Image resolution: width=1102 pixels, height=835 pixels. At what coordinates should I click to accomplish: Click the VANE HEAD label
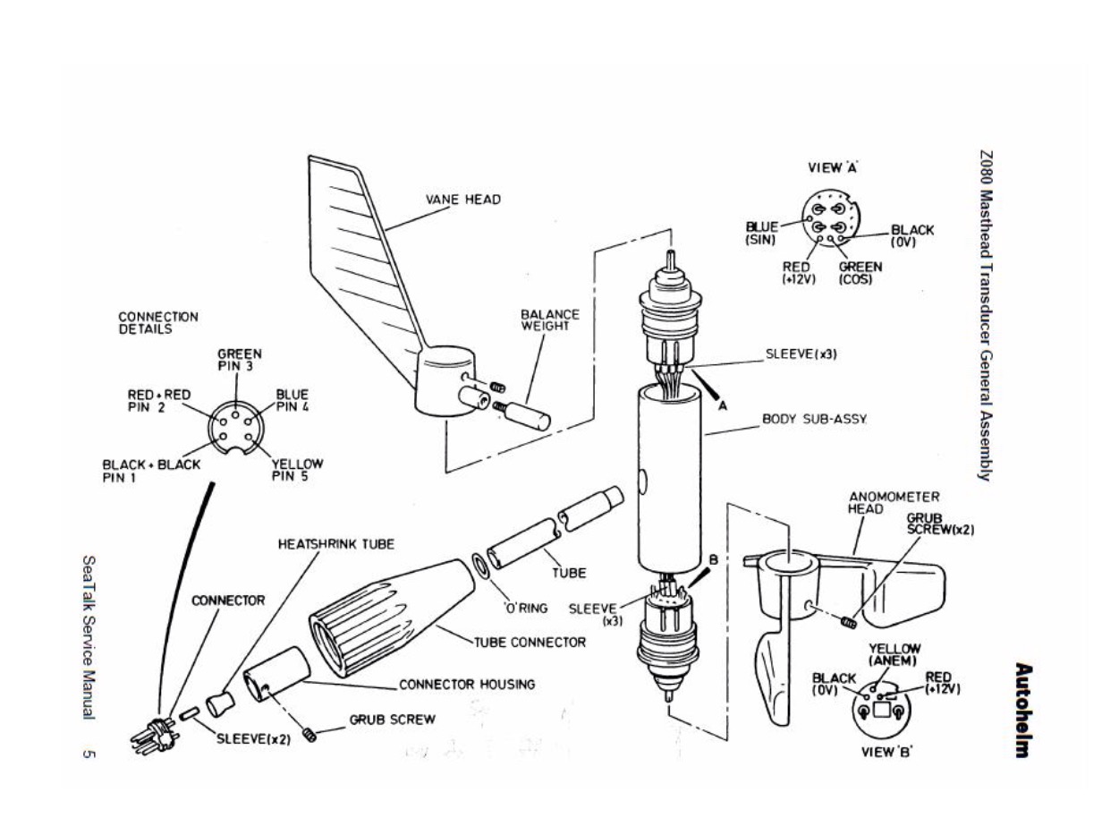point(462,199)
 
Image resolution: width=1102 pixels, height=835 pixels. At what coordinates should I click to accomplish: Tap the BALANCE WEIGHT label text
point(550,320)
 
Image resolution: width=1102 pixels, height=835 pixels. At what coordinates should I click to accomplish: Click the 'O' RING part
point(480,566)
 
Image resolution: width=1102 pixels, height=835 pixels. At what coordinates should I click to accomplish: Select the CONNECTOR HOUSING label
point(466,685)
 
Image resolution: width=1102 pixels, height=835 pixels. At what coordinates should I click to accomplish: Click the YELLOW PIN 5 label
point(297,469)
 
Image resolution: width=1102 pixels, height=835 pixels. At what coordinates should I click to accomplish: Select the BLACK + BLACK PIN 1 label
point(151,470)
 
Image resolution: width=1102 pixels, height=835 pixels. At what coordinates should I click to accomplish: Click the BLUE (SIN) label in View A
point(762,234)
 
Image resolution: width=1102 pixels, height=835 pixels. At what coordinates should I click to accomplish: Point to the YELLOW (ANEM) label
point(894,654)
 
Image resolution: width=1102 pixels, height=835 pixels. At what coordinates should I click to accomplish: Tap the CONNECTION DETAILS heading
point(158,322)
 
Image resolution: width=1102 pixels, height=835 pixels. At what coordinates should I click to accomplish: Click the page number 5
point(89,754)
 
